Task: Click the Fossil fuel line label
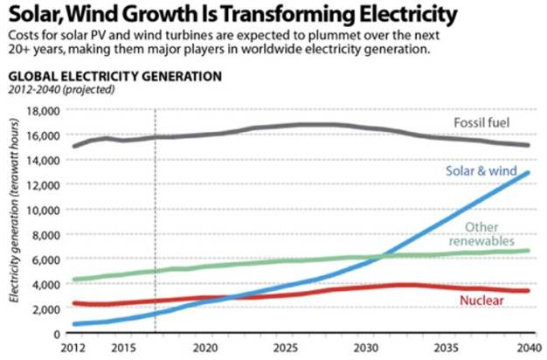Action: tap(481, 121)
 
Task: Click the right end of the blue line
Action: tap(528, 173)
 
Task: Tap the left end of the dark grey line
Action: tap(73, 146)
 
